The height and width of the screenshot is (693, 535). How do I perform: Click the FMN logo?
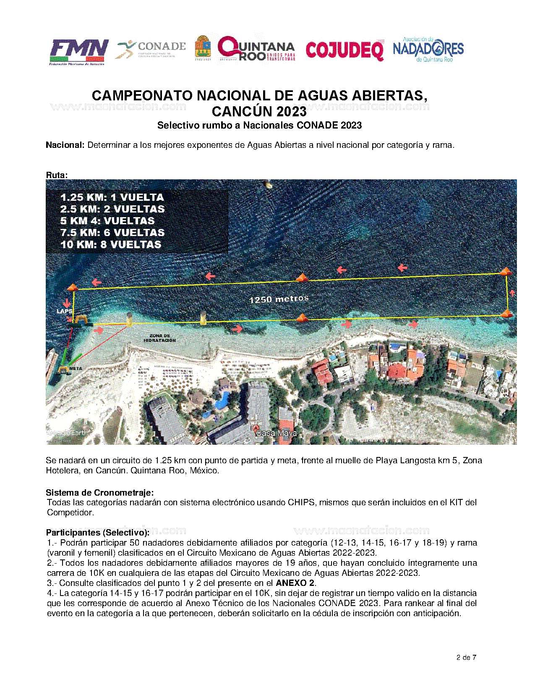click(x=79, y=52)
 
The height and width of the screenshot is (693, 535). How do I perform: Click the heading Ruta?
click(x=57, y=175)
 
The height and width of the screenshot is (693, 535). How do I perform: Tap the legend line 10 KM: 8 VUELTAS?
click(x=111, y=244)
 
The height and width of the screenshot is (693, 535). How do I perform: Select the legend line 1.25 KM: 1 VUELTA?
click(x=112, y=197)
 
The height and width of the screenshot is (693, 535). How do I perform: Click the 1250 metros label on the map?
click(x=279, y=299)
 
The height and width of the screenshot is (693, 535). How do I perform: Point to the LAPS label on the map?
click(x=64, y=311)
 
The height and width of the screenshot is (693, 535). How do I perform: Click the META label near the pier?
click(x=76, y=368)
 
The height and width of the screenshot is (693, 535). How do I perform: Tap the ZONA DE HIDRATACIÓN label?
click(x=160, y=338)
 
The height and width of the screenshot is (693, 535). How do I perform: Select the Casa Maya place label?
click(x=276, y=433)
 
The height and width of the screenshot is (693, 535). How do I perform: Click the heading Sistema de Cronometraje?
click(x=100, y=492)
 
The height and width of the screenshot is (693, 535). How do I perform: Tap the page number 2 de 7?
click(x=466, y=657)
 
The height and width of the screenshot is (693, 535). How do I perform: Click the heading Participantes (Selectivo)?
click(x=97, y=533)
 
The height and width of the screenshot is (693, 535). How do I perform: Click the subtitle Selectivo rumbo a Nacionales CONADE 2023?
click(x=259, y=125)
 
